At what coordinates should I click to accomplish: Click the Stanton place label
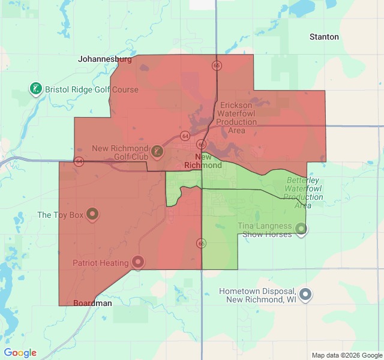pos(324,37)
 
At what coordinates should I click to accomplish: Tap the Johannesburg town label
pos(105,59)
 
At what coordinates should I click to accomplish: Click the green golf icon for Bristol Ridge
pos(36,89)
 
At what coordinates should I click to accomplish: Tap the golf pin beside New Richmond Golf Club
pos(157,151)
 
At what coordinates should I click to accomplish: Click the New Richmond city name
pos(203,161)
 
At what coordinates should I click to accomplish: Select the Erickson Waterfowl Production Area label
pos(237,118)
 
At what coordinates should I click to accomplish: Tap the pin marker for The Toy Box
pos(92,214)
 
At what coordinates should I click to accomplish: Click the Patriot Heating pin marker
pos(138,262)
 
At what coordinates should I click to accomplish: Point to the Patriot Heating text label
pos(101,263)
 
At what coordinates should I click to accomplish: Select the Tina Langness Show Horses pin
pos(301,229)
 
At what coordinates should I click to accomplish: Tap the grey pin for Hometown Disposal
pos(306,294)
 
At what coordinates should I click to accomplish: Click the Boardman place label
pos(92,304)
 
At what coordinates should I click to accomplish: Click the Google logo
pos(20,353)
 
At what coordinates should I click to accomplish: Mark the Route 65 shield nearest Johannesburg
pos(217,65)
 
